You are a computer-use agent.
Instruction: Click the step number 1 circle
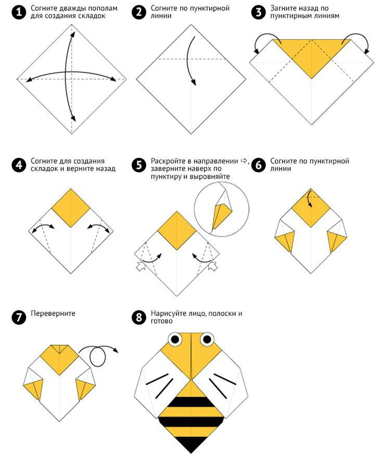(x=19, y=13)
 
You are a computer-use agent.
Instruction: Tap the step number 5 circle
(x=139, y=165)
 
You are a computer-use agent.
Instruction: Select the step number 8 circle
(x=139, y=317)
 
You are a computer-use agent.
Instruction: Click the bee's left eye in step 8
(x=175, y=340)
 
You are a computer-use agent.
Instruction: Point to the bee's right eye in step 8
(x=207, y=340)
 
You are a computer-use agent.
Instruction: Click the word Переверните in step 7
(x=53, y=314)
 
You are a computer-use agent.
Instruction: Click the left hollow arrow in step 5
(x=141, y=266)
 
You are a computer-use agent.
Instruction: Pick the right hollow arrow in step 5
(x=213, y=266)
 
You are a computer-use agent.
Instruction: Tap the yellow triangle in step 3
(x=312, y=55)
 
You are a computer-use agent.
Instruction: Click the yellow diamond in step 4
(x=71, y=208)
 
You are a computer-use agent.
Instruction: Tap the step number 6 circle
(x=259, y=165)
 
